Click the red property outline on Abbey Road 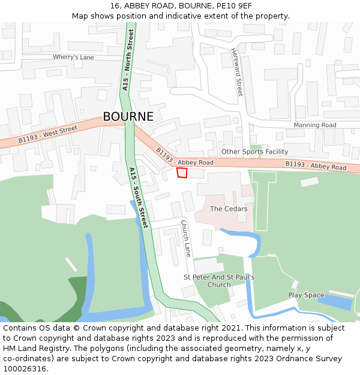pos(182,173)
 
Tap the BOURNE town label pos(128,117)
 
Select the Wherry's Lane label pos(73,57)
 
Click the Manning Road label pos(314,125)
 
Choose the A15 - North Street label pos(128,60)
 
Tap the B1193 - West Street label pos(47,134)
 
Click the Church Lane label pos(186,238)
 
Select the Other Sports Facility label pos(254,152)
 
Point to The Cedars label pos(229,209)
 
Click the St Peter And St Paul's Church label pos(218,281)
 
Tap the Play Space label pos(306,295)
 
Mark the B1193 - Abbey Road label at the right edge pos(316,166)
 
